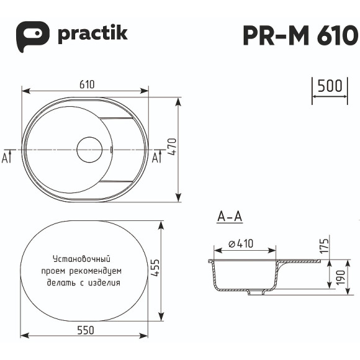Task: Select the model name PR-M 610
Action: [x=300, y=35]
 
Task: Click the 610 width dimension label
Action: [x=86, y=85]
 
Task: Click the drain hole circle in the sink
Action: [x=89, y=150]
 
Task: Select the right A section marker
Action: [x=157, y=157]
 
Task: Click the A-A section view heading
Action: [x=229, y=217]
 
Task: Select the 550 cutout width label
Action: [x=86, y=330]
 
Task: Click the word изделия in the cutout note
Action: [x=104, y=282]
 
